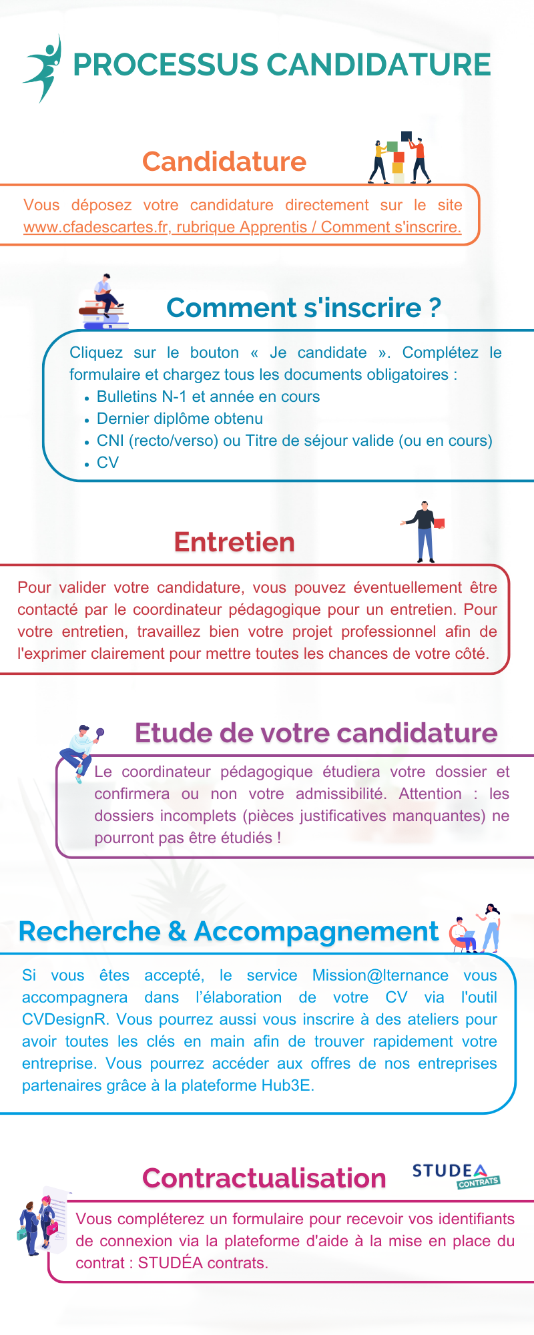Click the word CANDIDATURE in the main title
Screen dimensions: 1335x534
378,65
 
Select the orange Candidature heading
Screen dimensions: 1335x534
224,162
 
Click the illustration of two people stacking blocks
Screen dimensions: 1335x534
400,158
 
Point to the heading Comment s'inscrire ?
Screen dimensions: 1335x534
304,308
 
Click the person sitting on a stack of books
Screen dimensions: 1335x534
104,302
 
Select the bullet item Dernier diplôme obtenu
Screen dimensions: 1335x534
180,419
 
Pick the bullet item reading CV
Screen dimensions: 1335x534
107,463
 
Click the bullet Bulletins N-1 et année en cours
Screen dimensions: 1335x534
208,396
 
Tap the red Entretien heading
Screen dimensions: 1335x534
234,542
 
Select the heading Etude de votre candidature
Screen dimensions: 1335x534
316,733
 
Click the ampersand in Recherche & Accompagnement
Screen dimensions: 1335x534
177,932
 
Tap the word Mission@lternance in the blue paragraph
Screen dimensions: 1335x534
380,975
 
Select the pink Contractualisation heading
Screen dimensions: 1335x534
264,1178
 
